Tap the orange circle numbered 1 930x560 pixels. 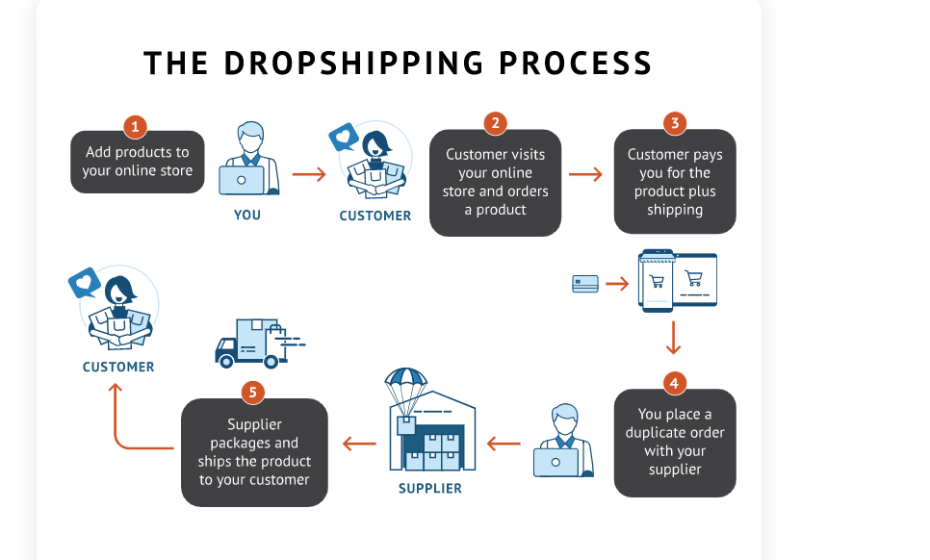(135, 126)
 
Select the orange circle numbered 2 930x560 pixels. (495, 123)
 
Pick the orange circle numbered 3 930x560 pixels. (675, 123)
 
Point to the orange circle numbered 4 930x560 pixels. (674, 383)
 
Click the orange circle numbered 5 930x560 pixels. (253, 393)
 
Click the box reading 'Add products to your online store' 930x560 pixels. (138, 162)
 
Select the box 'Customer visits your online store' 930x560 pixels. (495, 183)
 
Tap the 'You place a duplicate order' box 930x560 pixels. (674, 443)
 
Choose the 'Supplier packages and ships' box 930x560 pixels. (254, 452)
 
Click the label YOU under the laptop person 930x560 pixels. (247, 215)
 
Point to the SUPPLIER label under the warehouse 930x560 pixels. (430, 488)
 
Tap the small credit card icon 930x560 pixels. (585, 284)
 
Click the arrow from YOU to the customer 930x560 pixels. (309, 174)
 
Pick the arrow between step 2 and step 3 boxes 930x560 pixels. (585, 174)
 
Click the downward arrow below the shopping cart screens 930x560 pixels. (674, 338)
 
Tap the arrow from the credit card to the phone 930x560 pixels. (617, 284)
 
